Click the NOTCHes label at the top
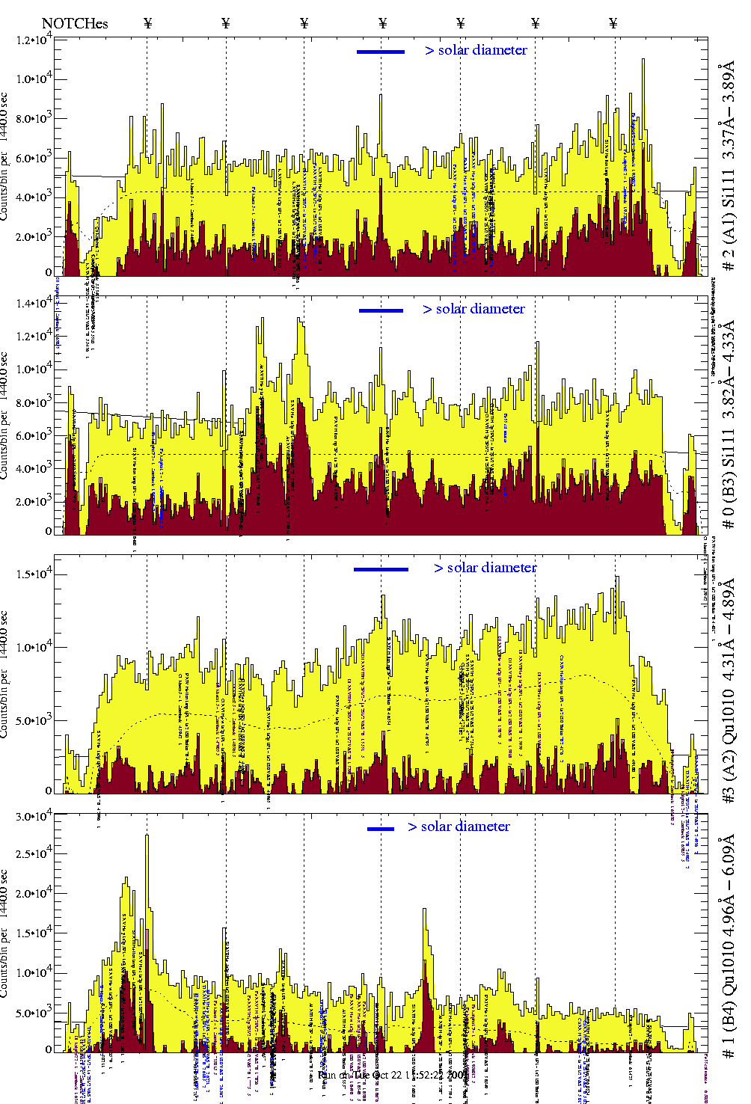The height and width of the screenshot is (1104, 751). (75, 23)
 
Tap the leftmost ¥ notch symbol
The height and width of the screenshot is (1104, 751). (147, 23)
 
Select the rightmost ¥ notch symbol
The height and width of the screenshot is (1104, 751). (613, 23)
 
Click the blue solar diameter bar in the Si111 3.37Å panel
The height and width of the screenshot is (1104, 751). (381, 52)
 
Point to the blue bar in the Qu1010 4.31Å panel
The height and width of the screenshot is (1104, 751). (381, 569)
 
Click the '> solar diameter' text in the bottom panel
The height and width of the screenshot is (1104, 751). (459, 827)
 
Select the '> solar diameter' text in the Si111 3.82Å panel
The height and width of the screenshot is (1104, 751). (473, 309)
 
